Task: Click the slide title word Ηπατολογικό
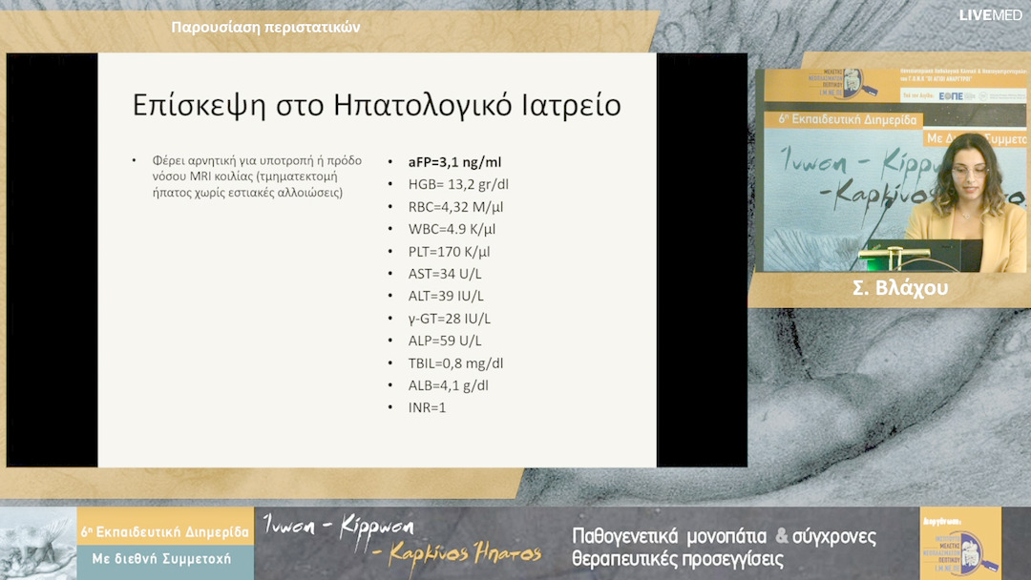click(x=439, y=105)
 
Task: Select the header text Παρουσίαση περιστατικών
click(x=265, y=27)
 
